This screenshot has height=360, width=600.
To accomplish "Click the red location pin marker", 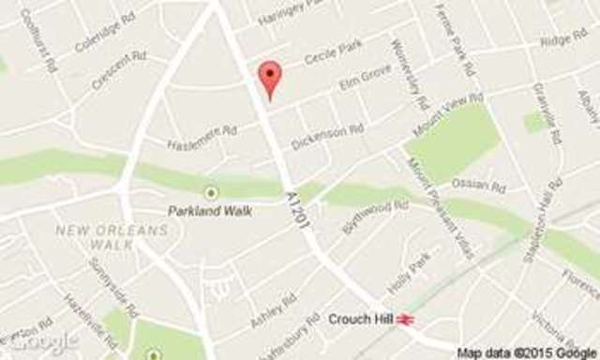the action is pyautogui.click(x=270, y=78).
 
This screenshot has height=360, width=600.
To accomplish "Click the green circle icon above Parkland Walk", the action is pyautogui.click(x=211, y=192).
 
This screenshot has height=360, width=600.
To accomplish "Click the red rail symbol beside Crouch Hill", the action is pyautogui.click(x=406, y=320).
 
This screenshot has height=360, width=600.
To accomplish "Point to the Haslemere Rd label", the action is pyautogui.click(x=202, y=139).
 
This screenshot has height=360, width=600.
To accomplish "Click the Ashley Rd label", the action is pyautogui.click(x=273, y=308).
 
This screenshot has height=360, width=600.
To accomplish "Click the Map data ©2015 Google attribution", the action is pyautogui.click(x=528, y=352).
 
